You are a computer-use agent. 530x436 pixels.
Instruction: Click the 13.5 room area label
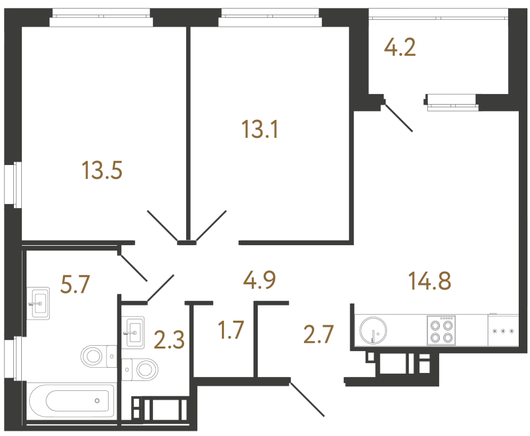[102, 170]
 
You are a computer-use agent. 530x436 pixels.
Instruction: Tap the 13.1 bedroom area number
[260, 129]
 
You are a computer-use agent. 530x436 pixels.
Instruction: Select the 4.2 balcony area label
[400, 47]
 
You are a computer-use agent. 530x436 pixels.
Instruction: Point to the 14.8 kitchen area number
[429, 281]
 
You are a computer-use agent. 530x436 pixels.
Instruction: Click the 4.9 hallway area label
[260, 280]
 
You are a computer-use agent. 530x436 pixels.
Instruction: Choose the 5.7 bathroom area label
[75, 284]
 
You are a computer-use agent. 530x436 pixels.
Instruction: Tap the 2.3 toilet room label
[169, 340]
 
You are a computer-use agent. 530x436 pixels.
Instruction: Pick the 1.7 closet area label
[231, 330]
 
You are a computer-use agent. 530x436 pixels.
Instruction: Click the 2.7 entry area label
[319, 334]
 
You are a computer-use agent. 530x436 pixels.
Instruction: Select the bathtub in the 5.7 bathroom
[72, 402]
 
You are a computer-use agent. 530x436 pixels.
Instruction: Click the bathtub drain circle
[97, 401]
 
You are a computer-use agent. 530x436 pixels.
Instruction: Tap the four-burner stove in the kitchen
[441, 330]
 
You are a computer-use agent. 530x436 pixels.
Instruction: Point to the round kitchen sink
[373, 330]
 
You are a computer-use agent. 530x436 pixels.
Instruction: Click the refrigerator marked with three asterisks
[503, 330]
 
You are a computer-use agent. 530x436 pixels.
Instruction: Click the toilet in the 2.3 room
[140, 370]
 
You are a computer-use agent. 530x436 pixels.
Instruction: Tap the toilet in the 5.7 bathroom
[99, 356]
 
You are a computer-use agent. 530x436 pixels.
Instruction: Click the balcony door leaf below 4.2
[399, 118]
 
